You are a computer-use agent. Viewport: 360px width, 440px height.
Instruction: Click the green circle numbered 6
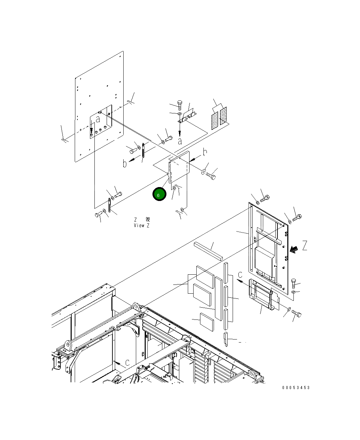[159, 194]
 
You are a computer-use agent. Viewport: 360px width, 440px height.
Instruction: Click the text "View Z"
[142, 225]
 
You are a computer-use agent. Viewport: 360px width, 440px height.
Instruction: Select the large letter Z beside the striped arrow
[305, 245]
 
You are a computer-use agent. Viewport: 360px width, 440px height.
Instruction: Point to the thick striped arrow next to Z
[294, 250]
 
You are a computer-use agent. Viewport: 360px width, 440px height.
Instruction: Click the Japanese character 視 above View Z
[147, 219]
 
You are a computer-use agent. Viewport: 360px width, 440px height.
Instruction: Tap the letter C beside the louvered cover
[240, 275]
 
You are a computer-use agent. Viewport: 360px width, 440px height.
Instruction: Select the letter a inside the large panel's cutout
[98, 119]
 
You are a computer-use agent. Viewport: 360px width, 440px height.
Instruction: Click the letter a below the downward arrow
[180, 142]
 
